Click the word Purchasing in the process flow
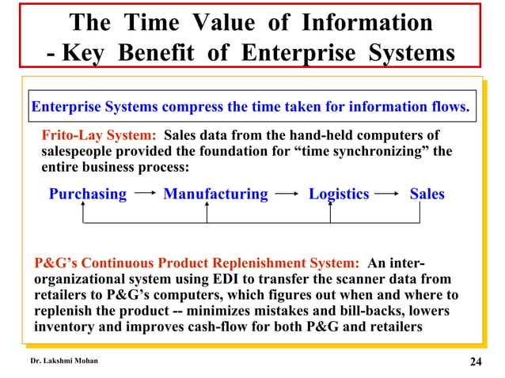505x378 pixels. tap(88, 194)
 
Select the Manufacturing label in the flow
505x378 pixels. tap(215, 194)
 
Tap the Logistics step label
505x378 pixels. tap(339, 194)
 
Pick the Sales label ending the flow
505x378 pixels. tap(427, 194)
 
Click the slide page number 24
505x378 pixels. tap(475, 362)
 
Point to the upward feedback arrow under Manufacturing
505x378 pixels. tap(207, 213)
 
